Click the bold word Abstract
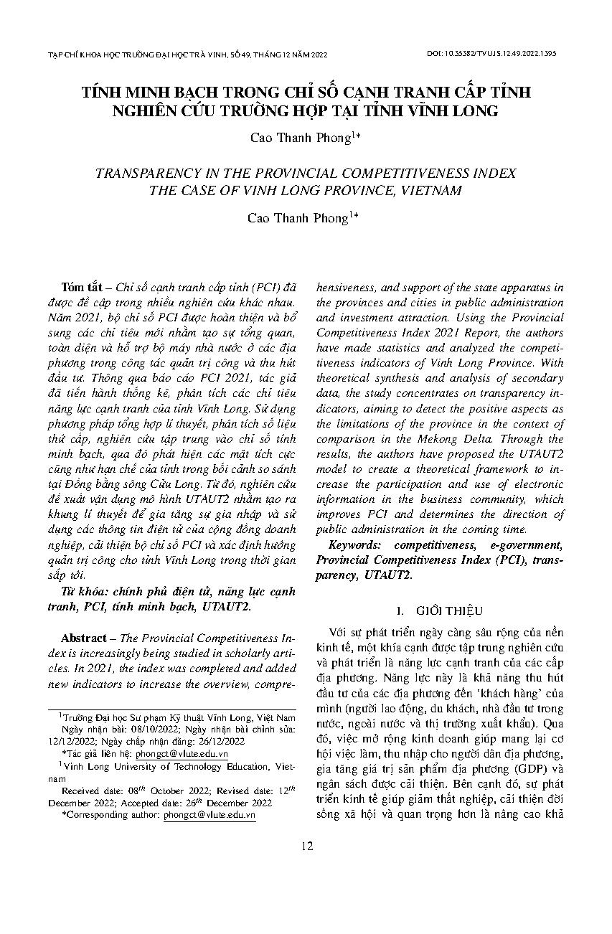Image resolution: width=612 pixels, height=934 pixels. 83,637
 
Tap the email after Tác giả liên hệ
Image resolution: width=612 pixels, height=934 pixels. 189,754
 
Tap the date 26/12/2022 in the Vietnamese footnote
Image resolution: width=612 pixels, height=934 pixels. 220,742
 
